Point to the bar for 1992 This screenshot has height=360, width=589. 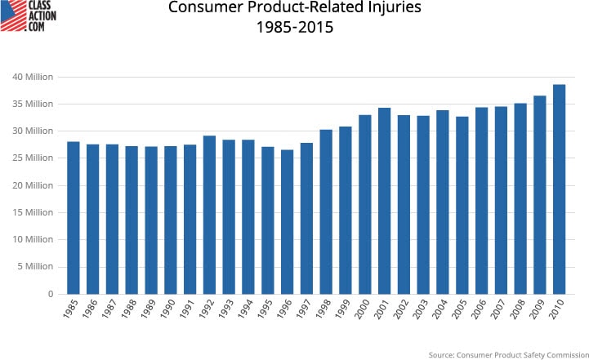click(x=210, y=215)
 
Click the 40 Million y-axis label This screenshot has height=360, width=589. click(x=33, y=77)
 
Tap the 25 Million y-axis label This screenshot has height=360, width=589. click(x=33, y=158)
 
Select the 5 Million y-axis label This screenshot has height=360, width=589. click(x=35, y=267)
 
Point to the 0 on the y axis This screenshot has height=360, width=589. click(x=50, y=294)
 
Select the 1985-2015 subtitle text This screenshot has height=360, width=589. click(x=295, y=29)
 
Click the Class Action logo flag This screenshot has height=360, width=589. click(x=12, y=16)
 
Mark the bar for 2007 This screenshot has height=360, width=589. click(x=502, y=200)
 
